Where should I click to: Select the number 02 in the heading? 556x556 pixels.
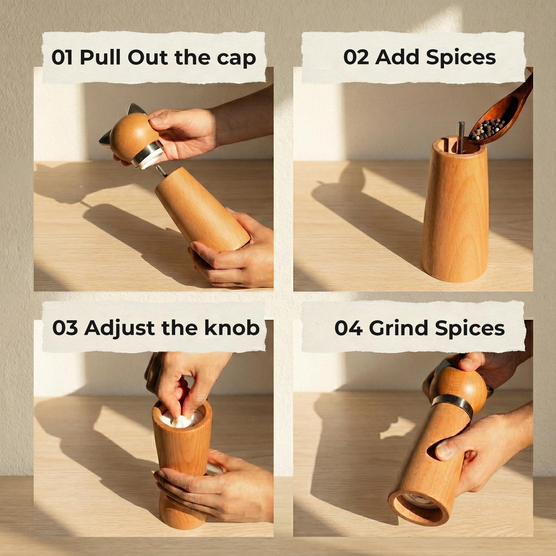[356, 57]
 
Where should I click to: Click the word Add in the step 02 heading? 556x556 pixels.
[397, 57]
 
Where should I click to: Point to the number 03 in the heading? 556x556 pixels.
[65, 328]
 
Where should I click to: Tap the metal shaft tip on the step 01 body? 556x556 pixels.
[160, 171]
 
